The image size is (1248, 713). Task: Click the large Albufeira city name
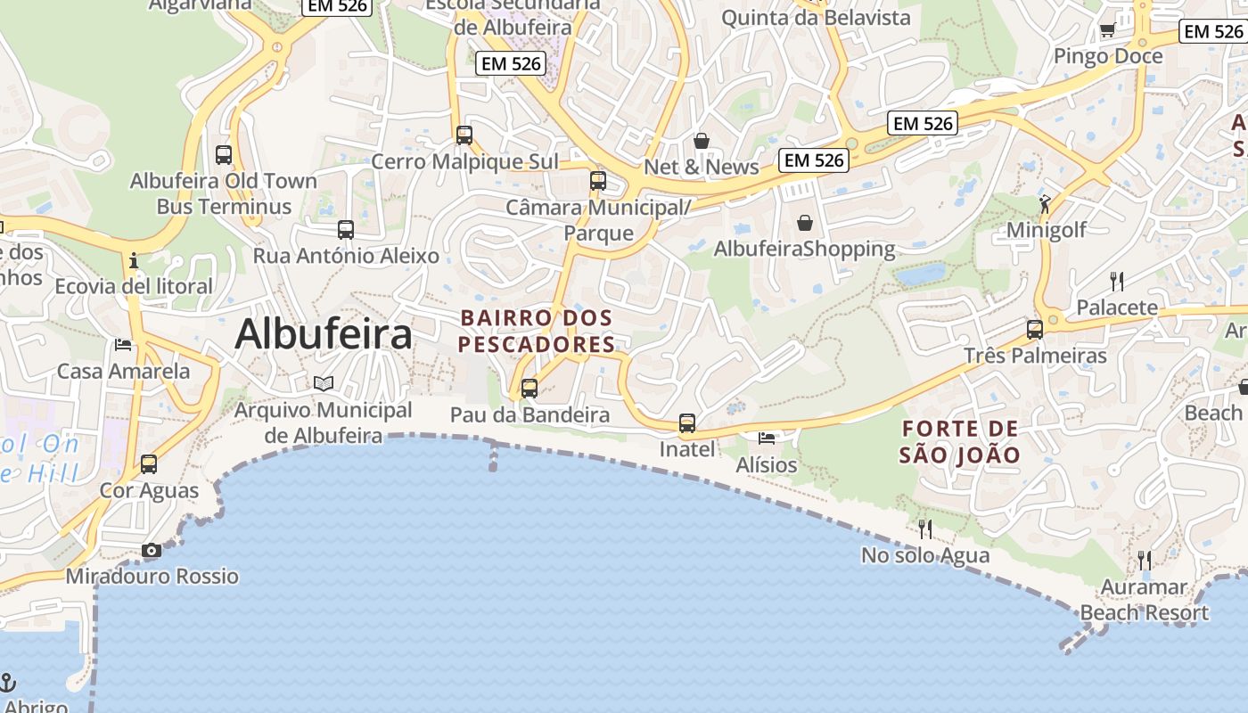(324, 334)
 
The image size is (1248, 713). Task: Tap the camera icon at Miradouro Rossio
(152, 551)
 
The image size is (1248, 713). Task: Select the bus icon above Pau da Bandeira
(530, 389)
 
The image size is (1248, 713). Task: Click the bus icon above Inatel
(686, 423)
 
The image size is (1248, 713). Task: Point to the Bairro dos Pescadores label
(537, 331)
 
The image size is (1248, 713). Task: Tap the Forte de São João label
(959, 442)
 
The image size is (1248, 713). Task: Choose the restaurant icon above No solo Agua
(925, 529)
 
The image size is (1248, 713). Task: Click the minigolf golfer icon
(1045, 204)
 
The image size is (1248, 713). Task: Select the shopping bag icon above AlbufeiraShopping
(805, 223)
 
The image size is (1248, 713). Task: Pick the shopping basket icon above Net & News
(702, 141)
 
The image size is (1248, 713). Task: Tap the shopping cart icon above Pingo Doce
(1107, 30)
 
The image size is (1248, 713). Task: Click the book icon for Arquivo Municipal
(324, 383)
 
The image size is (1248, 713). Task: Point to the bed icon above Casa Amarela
(123, 345)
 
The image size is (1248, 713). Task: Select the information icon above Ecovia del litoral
(134, 260)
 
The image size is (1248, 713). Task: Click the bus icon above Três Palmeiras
(1035, 330)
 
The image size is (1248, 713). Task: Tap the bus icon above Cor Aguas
(149, 464)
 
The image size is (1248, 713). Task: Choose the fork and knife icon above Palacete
(1117, 282)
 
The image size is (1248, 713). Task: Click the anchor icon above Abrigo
(8, 683)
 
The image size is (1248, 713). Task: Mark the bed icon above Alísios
(767, 438)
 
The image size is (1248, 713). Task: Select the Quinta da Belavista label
(816, 17)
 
